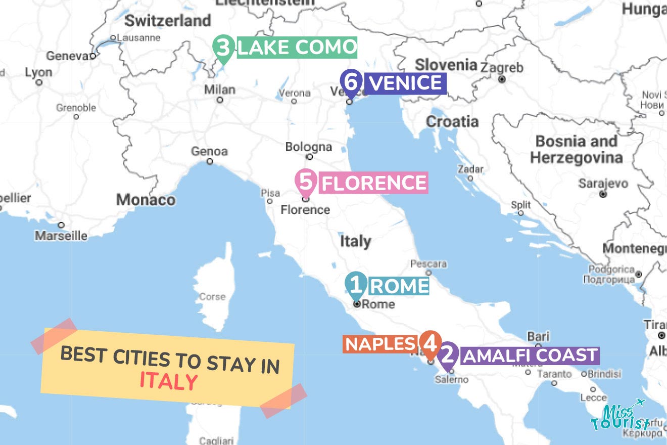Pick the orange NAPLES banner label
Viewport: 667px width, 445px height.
click(380, 344)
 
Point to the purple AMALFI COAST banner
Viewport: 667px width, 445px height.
click(530, 355)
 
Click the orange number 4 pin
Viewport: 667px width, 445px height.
click(431, 344)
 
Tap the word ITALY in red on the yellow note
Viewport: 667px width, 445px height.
click(168, 381)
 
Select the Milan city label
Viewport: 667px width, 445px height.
click(219, 90)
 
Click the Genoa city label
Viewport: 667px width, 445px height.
click(209, 152)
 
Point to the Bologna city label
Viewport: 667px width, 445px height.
click(309, 148)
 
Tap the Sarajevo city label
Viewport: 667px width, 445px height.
click(603, 184)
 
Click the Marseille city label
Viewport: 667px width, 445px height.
click(61, 236)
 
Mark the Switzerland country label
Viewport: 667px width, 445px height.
click(167, 21)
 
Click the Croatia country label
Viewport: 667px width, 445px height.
click(452, 121)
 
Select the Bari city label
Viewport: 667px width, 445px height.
click(538, 337)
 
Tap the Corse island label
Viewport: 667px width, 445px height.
click(212, 297)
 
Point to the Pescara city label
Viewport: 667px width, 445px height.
click(428, 264)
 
